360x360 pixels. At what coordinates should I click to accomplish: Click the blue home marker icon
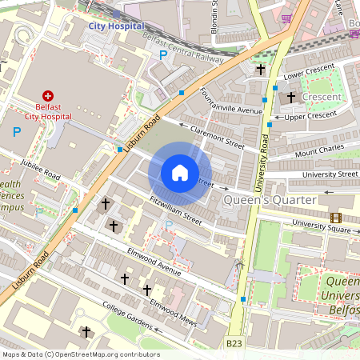pos(180,173)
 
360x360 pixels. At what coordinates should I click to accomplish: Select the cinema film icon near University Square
pos(336,218)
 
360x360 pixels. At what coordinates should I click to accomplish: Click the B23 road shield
pos(234,343)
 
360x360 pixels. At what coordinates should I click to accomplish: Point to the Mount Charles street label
pos(319,150)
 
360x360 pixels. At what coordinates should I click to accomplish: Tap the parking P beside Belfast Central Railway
pos(163,55)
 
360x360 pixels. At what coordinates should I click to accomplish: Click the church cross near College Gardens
pos(86,332)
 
